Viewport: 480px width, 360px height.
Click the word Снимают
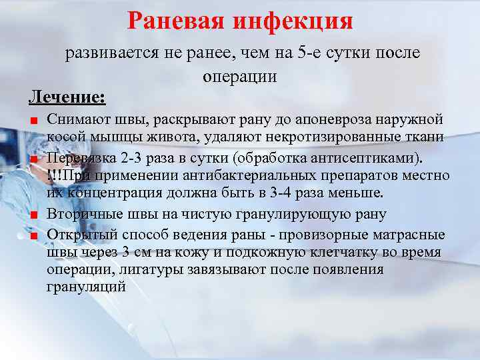[x=75, y=120]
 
